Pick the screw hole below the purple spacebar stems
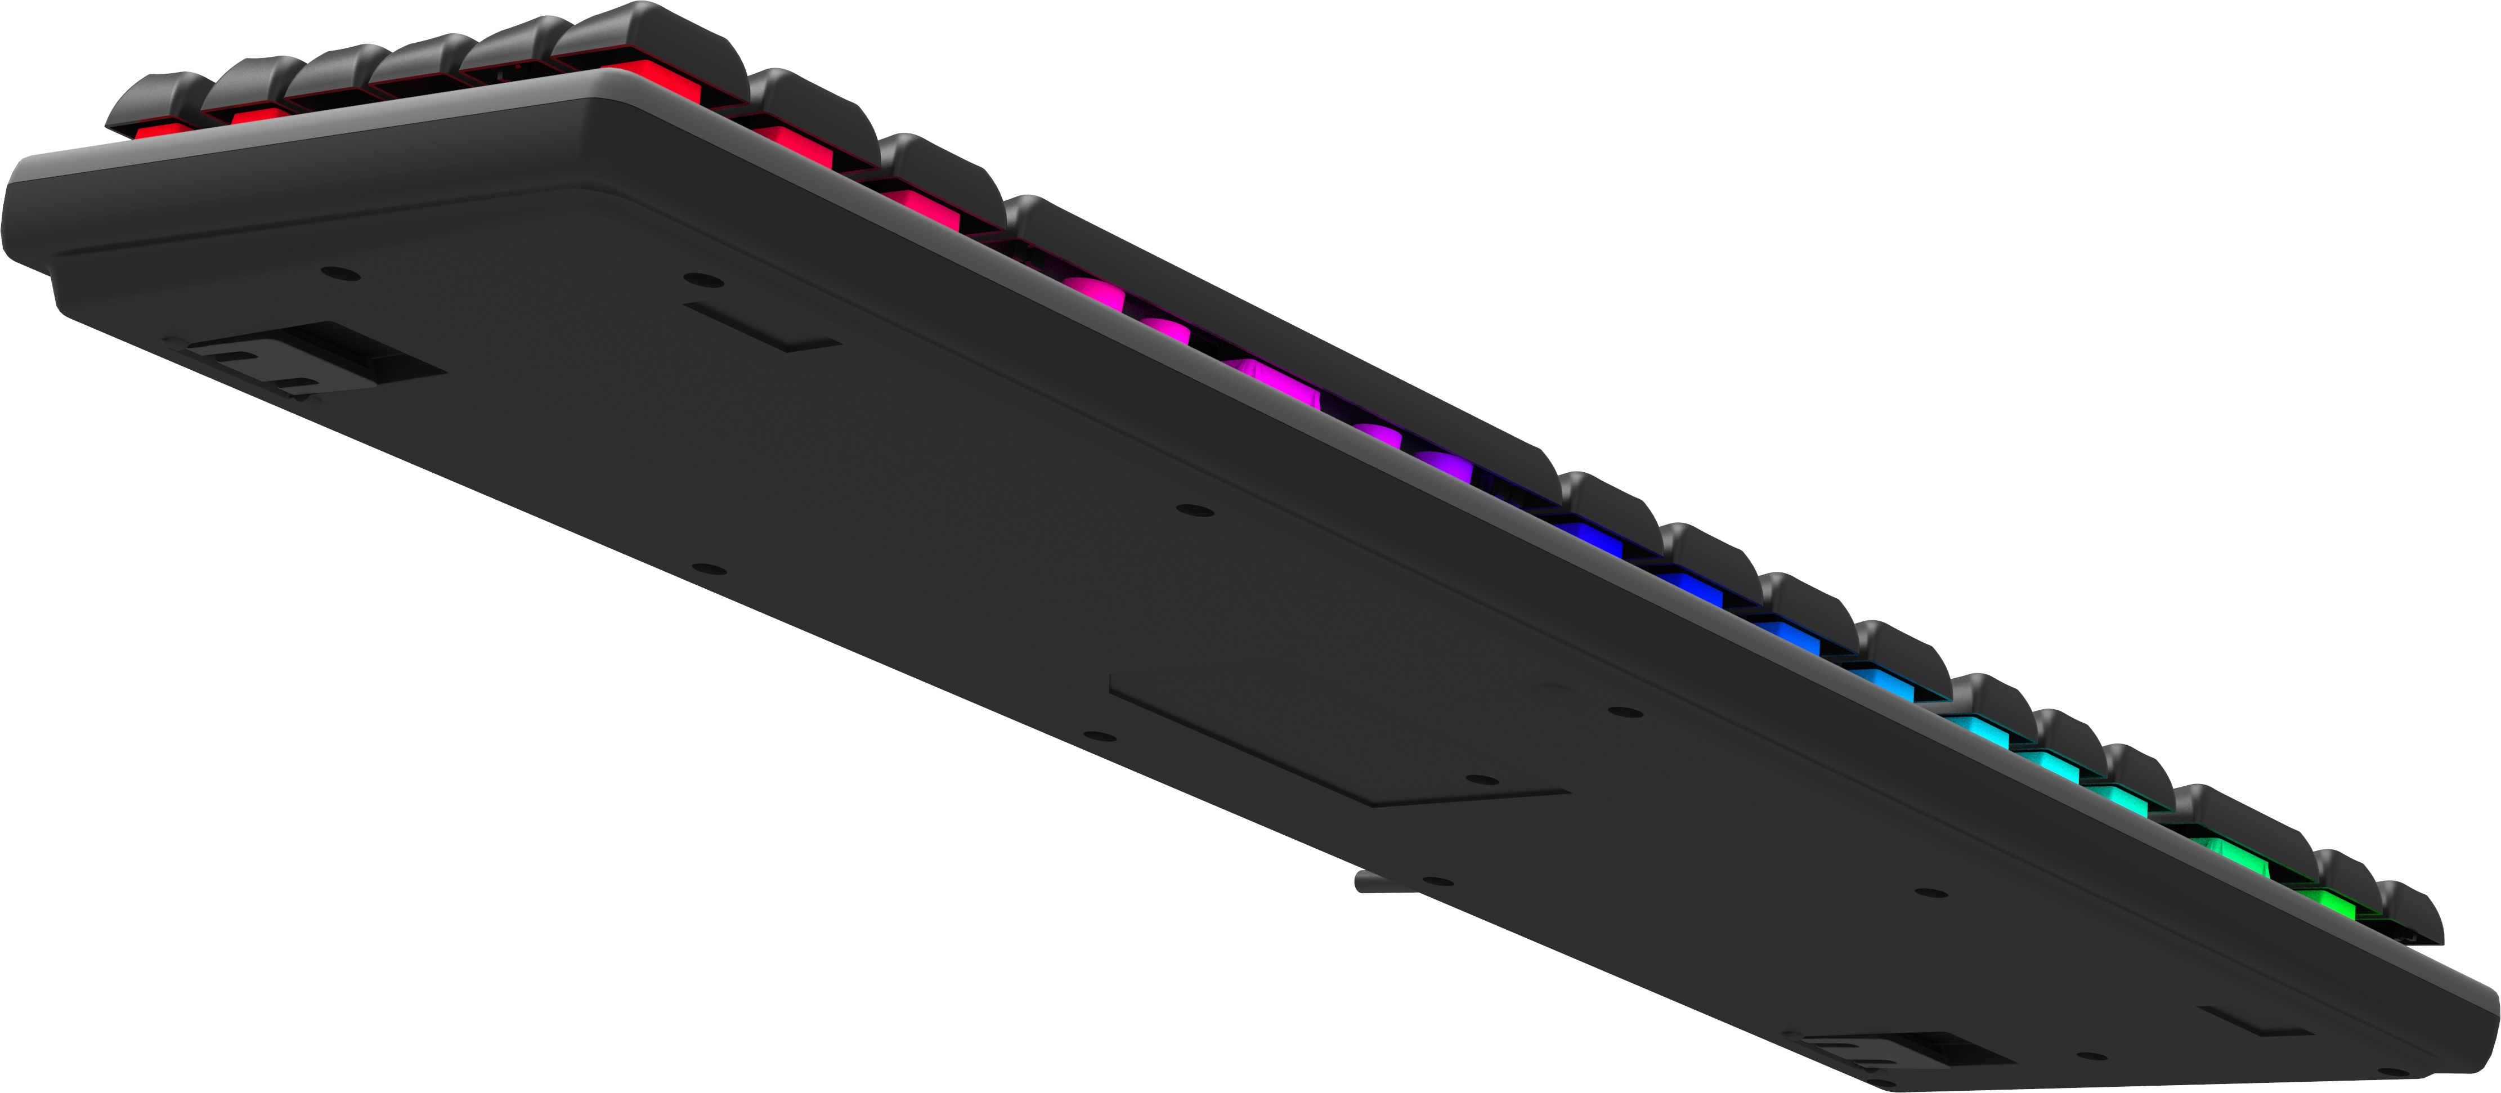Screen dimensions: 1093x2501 1194,509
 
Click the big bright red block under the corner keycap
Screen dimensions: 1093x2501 660,83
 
